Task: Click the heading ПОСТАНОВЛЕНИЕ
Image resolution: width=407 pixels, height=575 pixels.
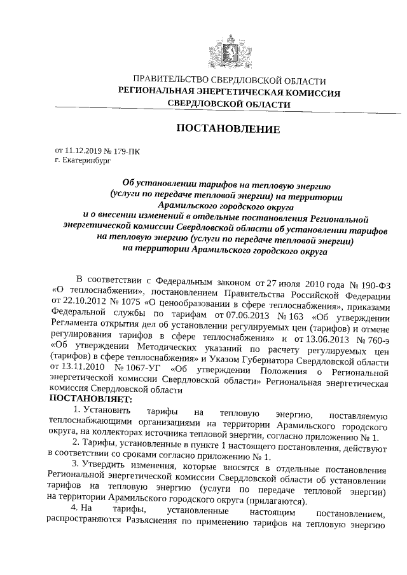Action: (228, 130)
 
